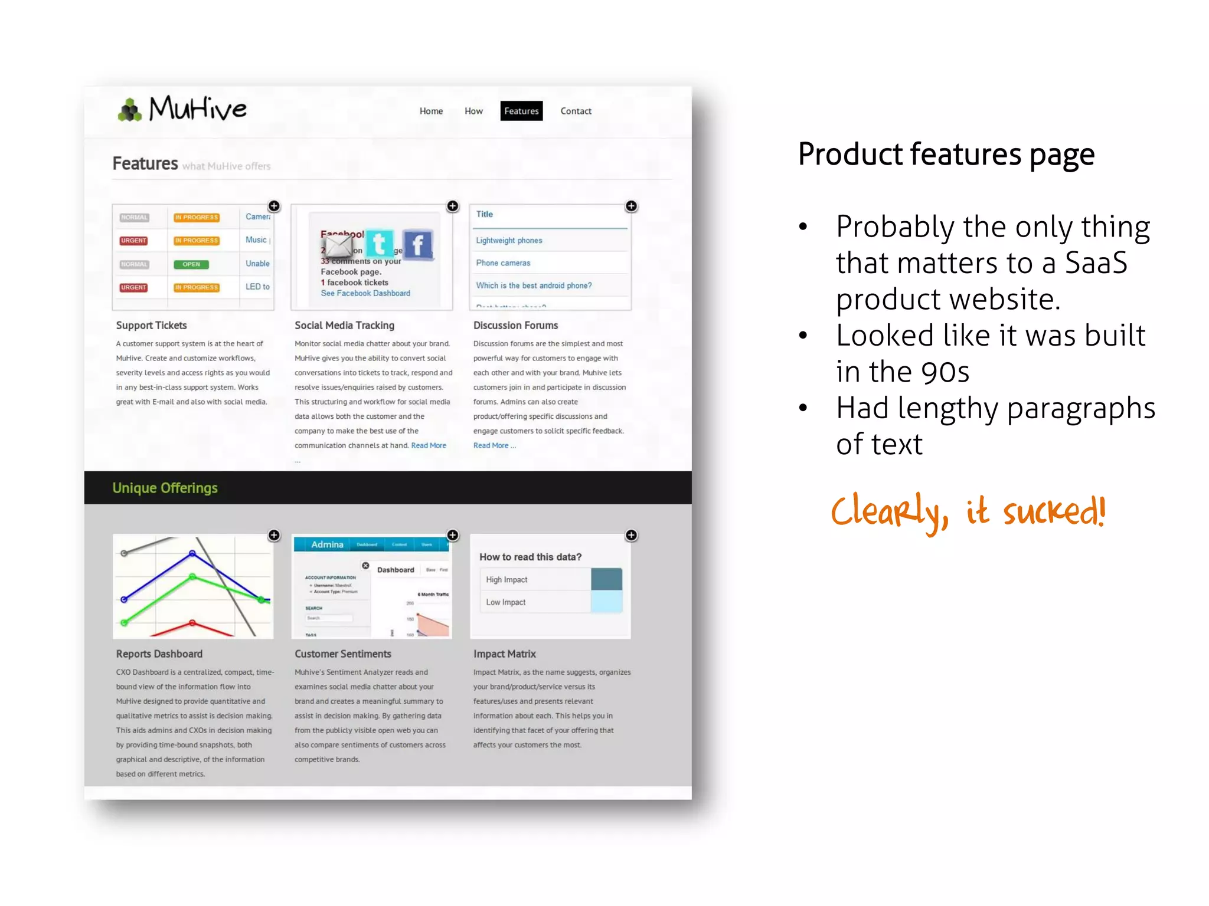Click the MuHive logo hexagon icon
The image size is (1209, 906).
[x=130, y=110]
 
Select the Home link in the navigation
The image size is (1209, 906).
[x=431, y=111]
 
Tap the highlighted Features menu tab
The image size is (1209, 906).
[x=521, y=111]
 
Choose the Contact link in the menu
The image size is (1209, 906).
[x=576, y=111]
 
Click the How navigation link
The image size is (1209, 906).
[x=473, y=111]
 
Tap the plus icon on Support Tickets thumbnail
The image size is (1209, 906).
[x=274, y=206]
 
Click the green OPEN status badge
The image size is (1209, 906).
[x=191, y=264]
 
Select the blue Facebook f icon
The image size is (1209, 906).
[x=418, y=244]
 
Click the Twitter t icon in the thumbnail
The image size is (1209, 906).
[x=380, y=243]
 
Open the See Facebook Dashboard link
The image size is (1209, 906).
[x=365, y=293]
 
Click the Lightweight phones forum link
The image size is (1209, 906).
[x=509, y=241]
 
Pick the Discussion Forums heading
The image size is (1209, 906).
[x=515, y=325]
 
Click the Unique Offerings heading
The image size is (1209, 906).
[x=165, y=488]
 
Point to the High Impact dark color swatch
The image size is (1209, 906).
[x=606, y=579]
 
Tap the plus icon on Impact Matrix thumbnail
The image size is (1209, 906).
[x=631, y=535]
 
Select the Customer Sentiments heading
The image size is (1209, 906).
[x=343, y=654]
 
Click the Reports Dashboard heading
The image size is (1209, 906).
[x=159, y=654]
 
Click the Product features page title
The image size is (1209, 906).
[x=946, y=155]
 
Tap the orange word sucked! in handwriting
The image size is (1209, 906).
[x=1054, y=511]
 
